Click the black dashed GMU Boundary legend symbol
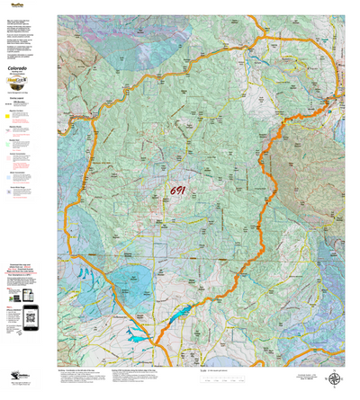(x=9, y=102)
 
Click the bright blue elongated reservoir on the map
(x=175, y=314)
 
